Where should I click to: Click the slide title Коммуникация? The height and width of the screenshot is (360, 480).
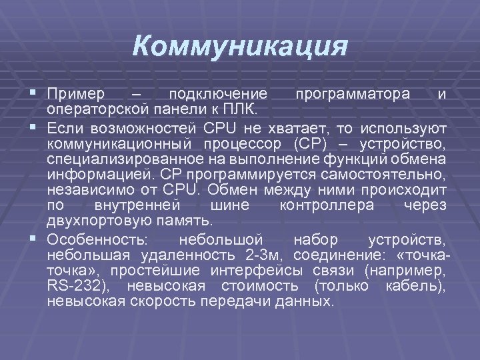point(240,46)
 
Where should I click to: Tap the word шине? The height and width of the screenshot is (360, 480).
point(227,206)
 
